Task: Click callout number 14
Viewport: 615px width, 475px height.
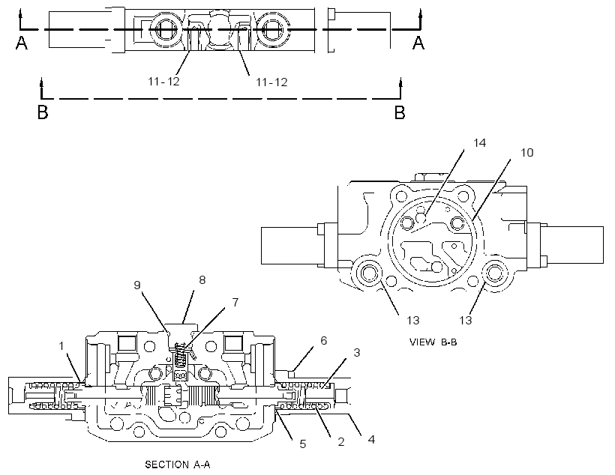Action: pos(479,143)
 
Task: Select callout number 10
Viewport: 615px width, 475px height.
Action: pos(526,152)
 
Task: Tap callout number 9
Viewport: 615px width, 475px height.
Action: pos(137,285)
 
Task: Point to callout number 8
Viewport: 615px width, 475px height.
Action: pos(202,279)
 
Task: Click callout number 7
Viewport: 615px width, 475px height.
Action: pos(235,302)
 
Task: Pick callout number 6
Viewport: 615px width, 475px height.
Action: pos(323,341)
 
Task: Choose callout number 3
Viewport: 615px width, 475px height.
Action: pos(356,352)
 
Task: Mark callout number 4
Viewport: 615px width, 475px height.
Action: pos(371,439)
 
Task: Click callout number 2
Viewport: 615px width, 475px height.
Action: pos(340,442)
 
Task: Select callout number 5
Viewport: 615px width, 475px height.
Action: pos(302,444)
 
